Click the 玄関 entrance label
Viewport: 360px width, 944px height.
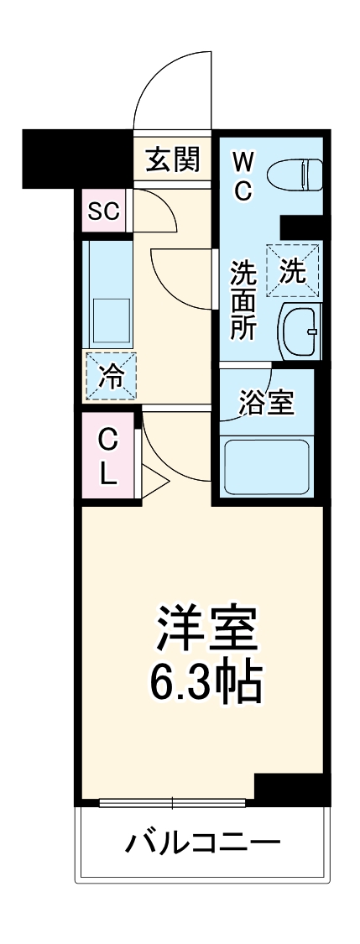(173, 159)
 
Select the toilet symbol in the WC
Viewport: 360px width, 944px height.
(295, 174)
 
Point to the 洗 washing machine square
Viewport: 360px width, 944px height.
(293, 270)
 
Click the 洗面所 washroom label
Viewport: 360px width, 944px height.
(243, 300)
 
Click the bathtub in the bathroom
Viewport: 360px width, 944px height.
(267, 467)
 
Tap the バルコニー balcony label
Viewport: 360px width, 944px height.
(203, 842)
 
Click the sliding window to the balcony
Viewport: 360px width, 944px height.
(173, 802)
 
